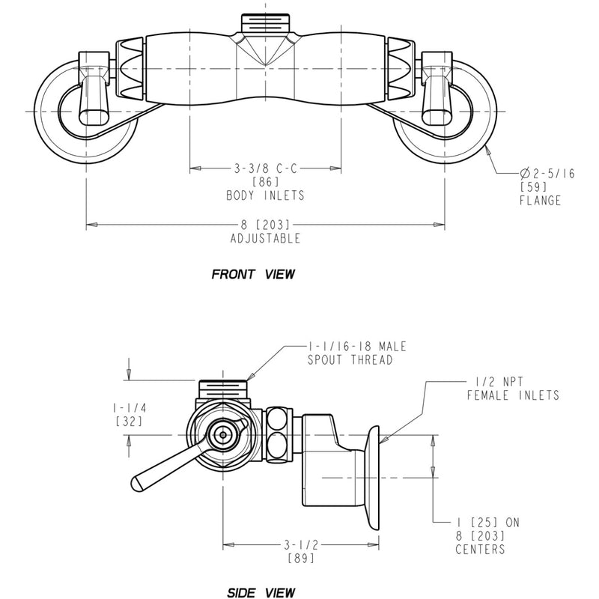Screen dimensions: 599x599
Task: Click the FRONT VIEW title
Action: tap(253, 274)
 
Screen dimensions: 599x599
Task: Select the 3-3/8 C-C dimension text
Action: tap(265, 169)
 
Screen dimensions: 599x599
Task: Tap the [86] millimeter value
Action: tap(265, 182)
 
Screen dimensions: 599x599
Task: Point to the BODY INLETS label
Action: tap(265, 195)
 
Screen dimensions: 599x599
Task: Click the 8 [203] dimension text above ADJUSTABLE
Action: tap(265, 225)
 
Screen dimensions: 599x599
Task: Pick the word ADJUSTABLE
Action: tap(265, 238)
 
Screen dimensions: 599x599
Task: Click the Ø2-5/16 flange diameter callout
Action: tap(547, 173)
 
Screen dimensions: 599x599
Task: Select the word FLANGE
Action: tap(540, 201)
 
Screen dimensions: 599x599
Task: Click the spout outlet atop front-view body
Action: tap(266, 22)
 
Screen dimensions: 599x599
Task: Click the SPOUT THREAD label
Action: tap(350, 360)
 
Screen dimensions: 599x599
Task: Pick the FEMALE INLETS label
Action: tap(513, 395)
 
